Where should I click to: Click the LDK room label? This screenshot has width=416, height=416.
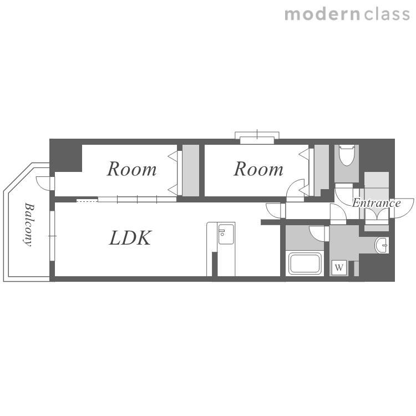tap(130, 238)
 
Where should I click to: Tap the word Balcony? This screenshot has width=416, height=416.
tap(29, 225)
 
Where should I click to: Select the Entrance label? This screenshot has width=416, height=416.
tap(377, 203)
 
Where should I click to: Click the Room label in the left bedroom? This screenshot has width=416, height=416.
tap(132, 169)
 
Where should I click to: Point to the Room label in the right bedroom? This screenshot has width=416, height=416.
tap(258, 169)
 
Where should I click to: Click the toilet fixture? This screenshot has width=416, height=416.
tap(347, 155)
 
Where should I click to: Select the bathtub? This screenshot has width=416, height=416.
tap(305, 263)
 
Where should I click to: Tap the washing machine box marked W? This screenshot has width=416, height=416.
tap(339, 267)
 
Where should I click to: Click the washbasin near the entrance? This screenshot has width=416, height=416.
tap(382, 245)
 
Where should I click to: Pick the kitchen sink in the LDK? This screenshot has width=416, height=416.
tap(226, 234)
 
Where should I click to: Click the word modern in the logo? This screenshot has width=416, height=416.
tap(322, 14)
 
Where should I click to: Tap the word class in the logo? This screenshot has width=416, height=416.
tap(387, 14)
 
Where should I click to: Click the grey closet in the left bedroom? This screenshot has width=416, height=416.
tap(191, 170)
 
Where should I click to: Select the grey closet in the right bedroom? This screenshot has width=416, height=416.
tap(322, 170)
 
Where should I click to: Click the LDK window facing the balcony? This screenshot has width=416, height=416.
tap(52, 236)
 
